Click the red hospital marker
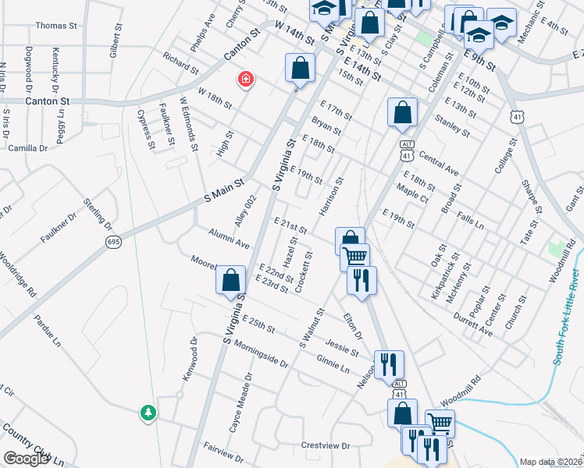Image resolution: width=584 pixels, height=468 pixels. (246, 80)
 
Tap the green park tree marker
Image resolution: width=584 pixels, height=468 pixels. (148, 412)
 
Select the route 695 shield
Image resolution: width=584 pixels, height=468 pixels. (114, 242)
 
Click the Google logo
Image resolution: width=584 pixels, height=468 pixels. (26, 459)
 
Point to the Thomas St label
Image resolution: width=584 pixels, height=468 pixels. (56, 26)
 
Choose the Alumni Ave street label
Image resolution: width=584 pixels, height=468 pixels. (229, 239)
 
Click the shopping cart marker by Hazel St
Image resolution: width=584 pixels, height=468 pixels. (355, 257)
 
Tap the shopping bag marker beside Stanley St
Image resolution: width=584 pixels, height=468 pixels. (401, 113)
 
